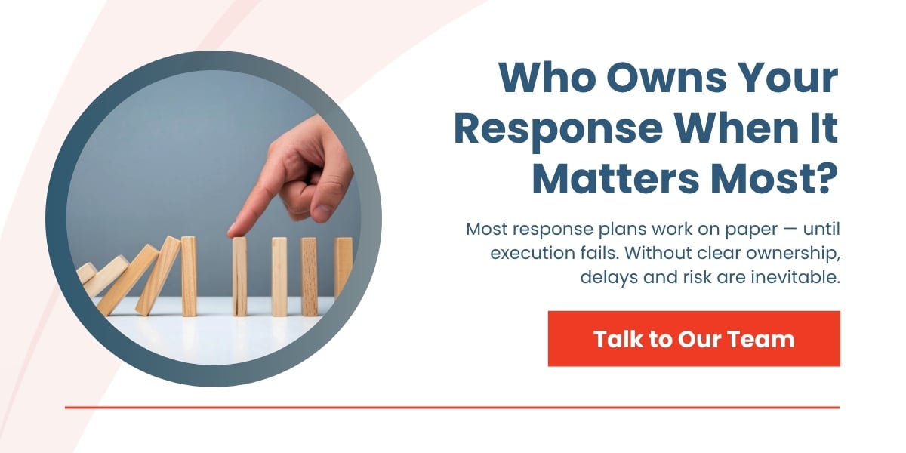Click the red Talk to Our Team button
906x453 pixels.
click(694, 339)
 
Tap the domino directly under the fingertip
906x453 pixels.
click(239, 276)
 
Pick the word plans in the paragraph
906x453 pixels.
click(602, 228)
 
